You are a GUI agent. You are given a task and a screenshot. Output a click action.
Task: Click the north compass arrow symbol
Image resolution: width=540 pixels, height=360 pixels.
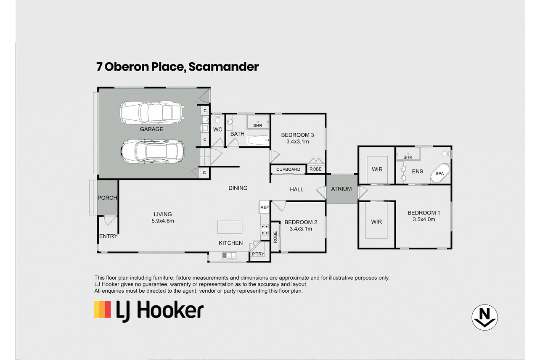pos(484,317)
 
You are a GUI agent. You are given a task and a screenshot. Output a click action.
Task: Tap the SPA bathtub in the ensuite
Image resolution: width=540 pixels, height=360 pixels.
pos(440,173)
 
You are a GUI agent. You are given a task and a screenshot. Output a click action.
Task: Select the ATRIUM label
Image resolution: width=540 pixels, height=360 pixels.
pos(341,189)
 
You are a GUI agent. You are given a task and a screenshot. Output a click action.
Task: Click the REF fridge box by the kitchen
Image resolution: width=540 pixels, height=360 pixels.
pos(265,207)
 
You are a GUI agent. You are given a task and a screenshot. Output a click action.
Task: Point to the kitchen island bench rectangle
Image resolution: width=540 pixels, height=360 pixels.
pos(230,227)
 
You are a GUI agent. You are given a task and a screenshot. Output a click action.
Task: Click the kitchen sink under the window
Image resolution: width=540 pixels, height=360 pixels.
pos(229,256)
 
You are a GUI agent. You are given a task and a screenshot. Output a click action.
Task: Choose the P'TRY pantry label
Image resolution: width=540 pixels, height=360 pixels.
pos(258,254)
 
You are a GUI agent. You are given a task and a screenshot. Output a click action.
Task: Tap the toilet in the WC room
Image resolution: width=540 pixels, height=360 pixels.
pos(217,119)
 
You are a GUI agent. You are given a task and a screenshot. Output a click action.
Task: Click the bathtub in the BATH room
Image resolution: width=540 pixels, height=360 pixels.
pos(258,140)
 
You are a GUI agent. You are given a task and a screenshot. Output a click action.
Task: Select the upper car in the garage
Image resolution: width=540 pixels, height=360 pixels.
pos(152,113)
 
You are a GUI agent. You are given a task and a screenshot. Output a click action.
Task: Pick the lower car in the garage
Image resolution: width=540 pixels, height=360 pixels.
pos(152,151)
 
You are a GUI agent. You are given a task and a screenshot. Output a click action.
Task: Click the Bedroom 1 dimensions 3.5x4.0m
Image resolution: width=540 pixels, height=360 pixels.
pos(424,220)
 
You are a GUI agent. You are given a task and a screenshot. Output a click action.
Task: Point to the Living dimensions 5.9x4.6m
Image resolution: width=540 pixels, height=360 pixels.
pos(163,221)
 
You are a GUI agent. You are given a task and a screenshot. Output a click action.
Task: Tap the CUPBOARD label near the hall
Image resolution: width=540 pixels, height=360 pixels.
pos(288,169)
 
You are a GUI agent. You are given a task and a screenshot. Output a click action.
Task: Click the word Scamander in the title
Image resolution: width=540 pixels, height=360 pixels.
pos(224,67)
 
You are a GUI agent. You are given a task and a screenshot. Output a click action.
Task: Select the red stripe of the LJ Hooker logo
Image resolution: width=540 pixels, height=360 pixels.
pos(108,309)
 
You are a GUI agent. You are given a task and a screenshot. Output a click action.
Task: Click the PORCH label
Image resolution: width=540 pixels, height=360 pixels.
pos(107,198)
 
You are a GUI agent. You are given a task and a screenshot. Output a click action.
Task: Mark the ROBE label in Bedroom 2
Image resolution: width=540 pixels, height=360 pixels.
pos(275,237)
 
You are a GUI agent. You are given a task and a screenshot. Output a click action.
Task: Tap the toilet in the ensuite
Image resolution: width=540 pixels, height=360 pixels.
pos(447,154)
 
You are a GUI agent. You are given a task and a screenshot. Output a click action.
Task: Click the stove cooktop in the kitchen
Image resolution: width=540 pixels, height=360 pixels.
pos(265,230)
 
